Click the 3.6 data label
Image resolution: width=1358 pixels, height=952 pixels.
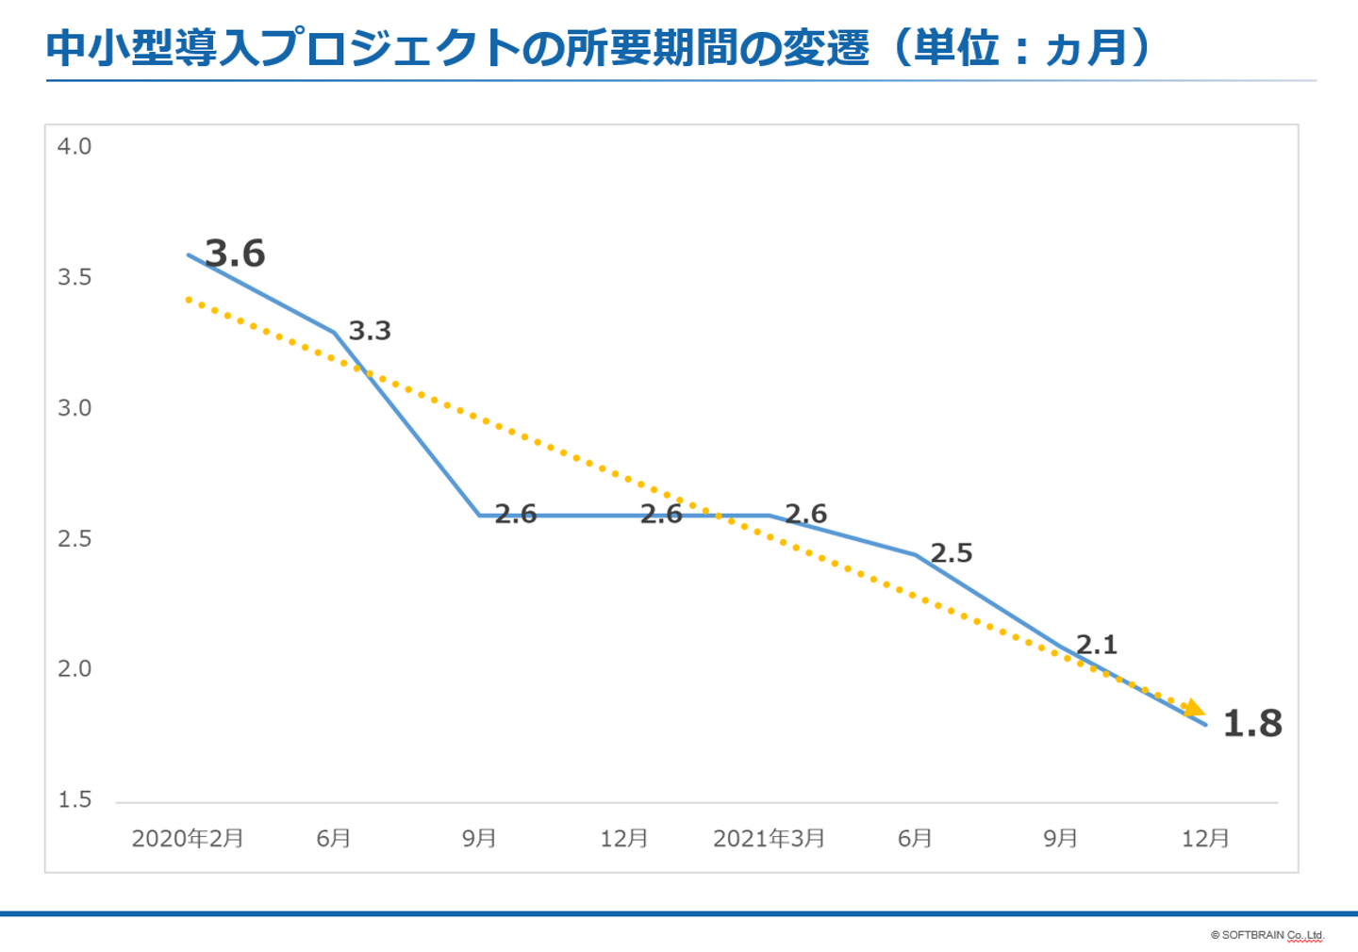point(235,254)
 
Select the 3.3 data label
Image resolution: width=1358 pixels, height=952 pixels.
point(370,331)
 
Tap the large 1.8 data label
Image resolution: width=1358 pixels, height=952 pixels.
point(1252,723)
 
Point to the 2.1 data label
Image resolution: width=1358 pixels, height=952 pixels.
point(1097,645)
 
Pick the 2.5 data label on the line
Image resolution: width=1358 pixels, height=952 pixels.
point(951,553)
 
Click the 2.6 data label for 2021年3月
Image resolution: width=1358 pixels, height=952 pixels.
point(805,514)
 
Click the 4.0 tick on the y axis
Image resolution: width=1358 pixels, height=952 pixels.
point(75,147)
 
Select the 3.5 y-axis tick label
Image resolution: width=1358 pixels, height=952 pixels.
point(75,277)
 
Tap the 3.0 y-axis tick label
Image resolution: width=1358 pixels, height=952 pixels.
point(75,408)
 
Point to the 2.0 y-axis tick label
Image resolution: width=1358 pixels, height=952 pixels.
point(75,669)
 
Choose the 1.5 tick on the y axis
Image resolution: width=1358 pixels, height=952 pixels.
point(75,800)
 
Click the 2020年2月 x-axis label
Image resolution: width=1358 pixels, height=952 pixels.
point(188,838)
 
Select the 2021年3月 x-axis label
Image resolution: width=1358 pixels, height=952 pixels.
point(769,838)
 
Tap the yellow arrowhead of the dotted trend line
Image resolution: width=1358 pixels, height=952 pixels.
point(1195,708)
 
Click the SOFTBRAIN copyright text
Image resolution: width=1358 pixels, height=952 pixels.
point(1267,935)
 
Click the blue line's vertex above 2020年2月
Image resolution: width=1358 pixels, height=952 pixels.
point(189,254)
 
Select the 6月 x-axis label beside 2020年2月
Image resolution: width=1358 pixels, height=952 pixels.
point(334,838)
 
